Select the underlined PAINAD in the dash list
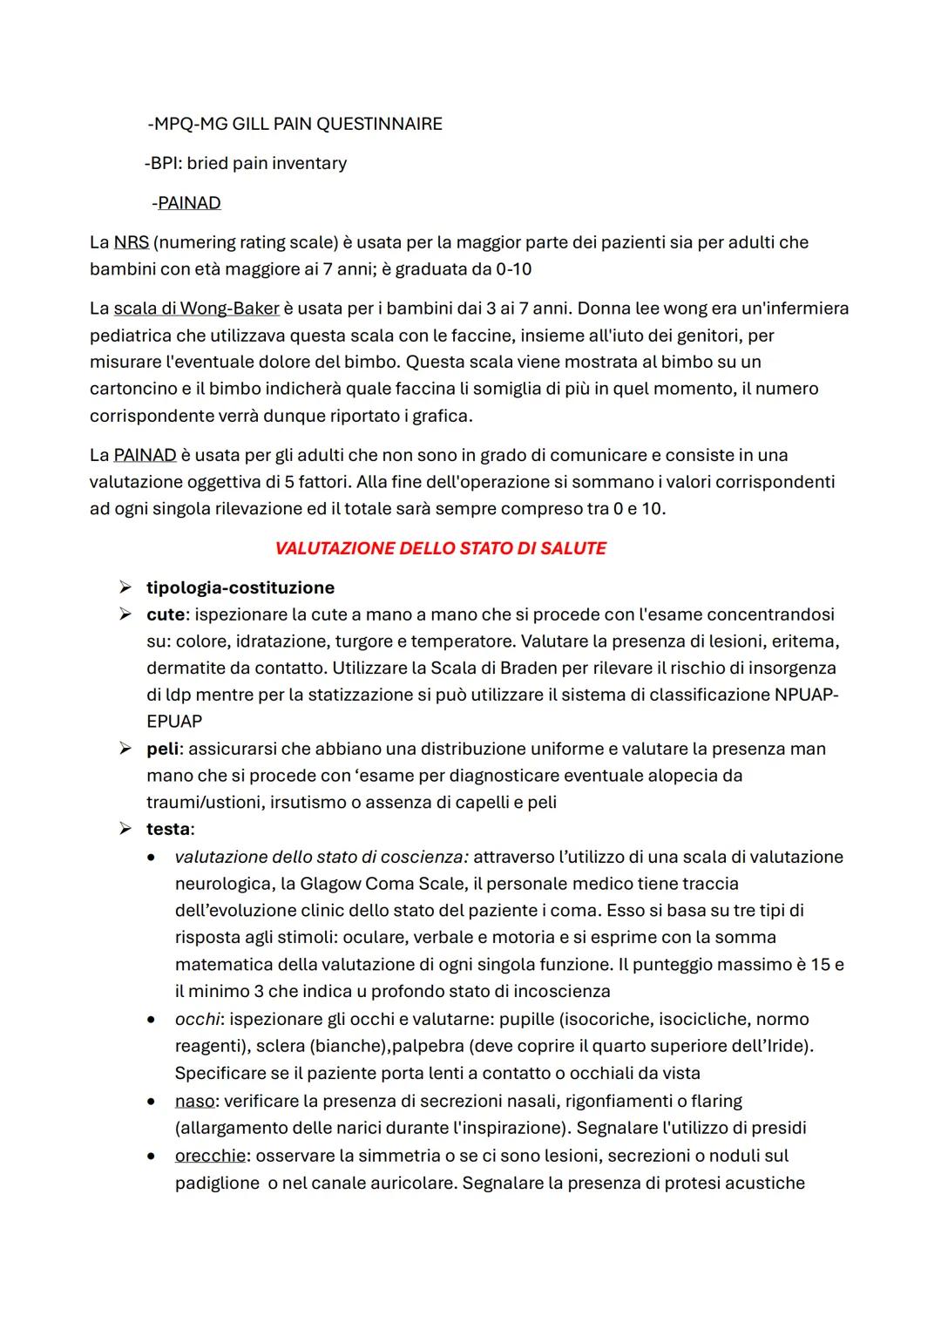tap(189, 203)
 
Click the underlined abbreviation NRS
tap(131, 242)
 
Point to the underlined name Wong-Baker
tap(229, 309)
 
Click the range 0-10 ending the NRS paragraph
tap(513, 269)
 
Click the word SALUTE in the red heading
tap(572, 548)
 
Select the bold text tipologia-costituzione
tap(240, 588)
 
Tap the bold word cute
tap(165, 614)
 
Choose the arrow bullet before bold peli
tap(126, 749)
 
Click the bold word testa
tap(168, 829)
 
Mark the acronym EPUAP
tap(174, 722)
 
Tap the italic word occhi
tap(197, 1019)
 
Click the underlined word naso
tap(194, 1101)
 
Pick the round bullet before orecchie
tap(152, 1156)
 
